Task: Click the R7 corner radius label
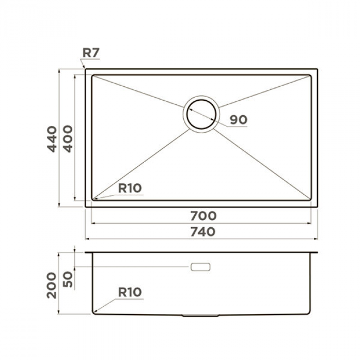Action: tap(91, 53)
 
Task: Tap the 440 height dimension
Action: tap(52, 139)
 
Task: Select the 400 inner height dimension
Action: tap(68, 139)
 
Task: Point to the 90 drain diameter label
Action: tap(239, 120)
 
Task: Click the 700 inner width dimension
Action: tap(203, 216)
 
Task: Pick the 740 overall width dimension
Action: tap(203, 232)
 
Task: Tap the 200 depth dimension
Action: tap(52, 285)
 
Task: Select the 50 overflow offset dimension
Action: tap(68, 279)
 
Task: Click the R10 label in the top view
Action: tap(130, 189)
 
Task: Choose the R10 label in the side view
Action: tap(130, 292)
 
